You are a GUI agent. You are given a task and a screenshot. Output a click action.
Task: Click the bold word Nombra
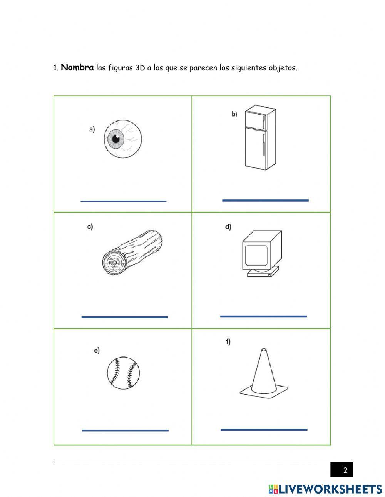point(77,68)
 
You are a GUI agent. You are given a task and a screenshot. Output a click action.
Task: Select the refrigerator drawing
point(260,137)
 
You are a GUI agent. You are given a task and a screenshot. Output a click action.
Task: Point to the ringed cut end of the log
point(114,263)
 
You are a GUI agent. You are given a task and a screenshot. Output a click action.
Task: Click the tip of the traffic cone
point(263,350)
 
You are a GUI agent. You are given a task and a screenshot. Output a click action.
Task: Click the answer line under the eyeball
point(123,201)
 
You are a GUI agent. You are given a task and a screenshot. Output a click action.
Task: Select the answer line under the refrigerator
point(265,200)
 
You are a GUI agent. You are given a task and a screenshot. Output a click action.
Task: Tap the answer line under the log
point(125,317)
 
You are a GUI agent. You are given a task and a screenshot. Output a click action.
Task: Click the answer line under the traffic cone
point(264,430)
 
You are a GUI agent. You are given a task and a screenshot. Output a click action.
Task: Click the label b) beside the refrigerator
point(234,114)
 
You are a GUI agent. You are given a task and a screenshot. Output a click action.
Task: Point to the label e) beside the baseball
point(97,350)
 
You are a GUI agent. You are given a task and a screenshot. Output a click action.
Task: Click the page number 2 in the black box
point(345,470)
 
